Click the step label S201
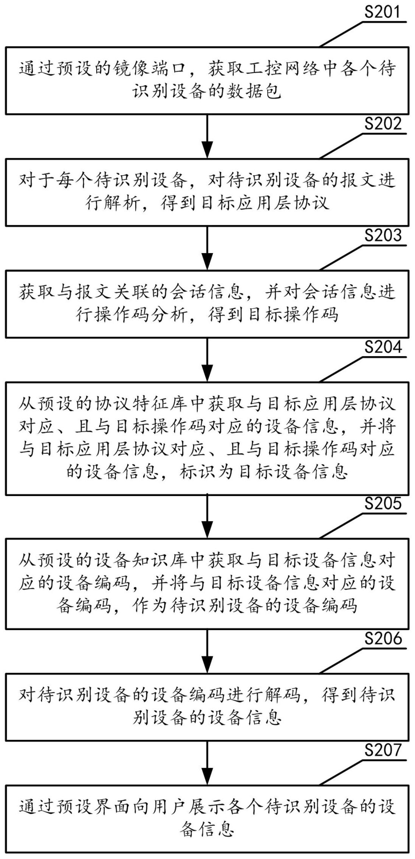(382, 12)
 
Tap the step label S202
(382, 123)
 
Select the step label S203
(382, 235)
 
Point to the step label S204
(382, 347)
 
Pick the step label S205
(382, 503)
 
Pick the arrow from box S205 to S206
(207, 651)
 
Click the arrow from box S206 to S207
(207, 763)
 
